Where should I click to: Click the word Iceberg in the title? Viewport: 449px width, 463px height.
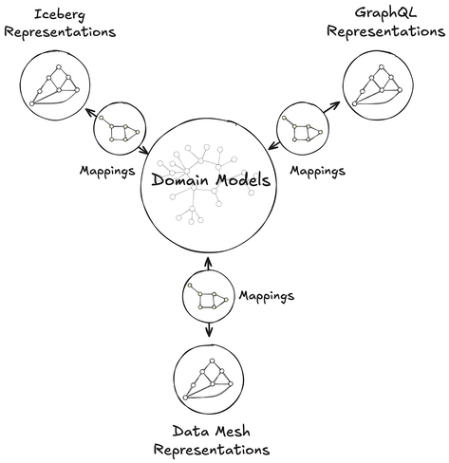[x=60, y=15]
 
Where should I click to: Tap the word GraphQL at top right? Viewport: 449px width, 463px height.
[x=385, y=13]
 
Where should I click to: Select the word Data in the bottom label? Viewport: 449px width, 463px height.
[x=189, y=432]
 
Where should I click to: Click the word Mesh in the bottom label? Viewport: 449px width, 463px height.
[x=232, y=432]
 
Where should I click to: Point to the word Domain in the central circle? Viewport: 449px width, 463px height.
[x=180, y=179]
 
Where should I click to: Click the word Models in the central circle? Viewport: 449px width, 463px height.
[x=243, y=179]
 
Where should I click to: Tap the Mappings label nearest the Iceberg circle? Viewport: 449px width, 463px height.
[x=107, y=171]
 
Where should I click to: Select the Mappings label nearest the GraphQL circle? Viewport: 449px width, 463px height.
[x=318, y=171]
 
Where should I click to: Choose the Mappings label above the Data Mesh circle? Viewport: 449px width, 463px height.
[x=267, y=296]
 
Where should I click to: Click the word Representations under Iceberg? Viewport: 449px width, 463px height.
[x=60, y=32]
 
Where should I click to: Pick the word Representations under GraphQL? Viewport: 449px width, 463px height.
[x=386, y=32]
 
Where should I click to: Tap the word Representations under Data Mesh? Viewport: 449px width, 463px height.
[x=212, y=450]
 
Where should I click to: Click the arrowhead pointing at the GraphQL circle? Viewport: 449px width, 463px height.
[x=336, y=105]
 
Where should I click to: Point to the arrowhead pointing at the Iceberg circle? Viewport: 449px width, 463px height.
[x=88, y=112]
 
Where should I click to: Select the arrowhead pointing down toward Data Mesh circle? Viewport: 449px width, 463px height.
[x=209, y=333]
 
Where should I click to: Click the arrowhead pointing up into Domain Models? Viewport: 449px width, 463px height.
[x=208, y=261]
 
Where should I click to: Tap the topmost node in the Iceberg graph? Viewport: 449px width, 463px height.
[x=58, y=67]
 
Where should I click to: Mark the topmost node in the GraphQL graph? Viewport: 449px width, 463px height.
[x=382, y=67]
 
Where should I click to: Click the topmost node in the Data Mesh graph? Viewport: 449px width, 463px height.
[x=213, y=361]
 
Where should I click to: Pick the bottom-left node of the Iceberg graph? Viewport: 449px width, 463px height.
[x=31, y=103]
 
